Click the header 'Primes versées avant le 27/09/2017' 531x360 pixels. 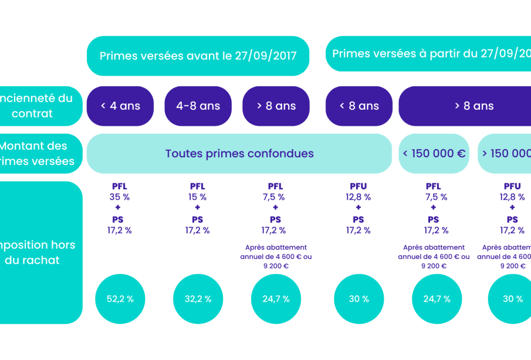[198, 56]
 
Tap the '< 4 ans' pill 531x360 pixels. [120, 106]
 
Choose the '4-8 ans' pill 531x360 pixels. [198, 106]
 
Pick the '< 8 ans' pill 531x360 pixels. [359, 106]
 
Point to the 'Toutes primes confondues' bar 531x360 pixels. [239, 154]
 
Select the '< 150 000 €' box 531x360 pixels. [434, 154]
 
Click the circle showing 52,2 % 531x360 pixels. [120, 299]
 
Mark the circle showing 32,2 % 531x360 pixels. [198, 299]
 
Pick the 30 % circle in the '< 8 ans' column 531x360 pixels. [359, 299]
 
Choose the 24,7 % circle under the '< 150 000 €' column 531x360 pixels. [437, 299]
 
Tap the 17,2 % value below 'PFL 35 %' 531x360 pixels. [120, 230]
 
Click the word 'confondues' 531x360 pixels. [280, 154]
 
